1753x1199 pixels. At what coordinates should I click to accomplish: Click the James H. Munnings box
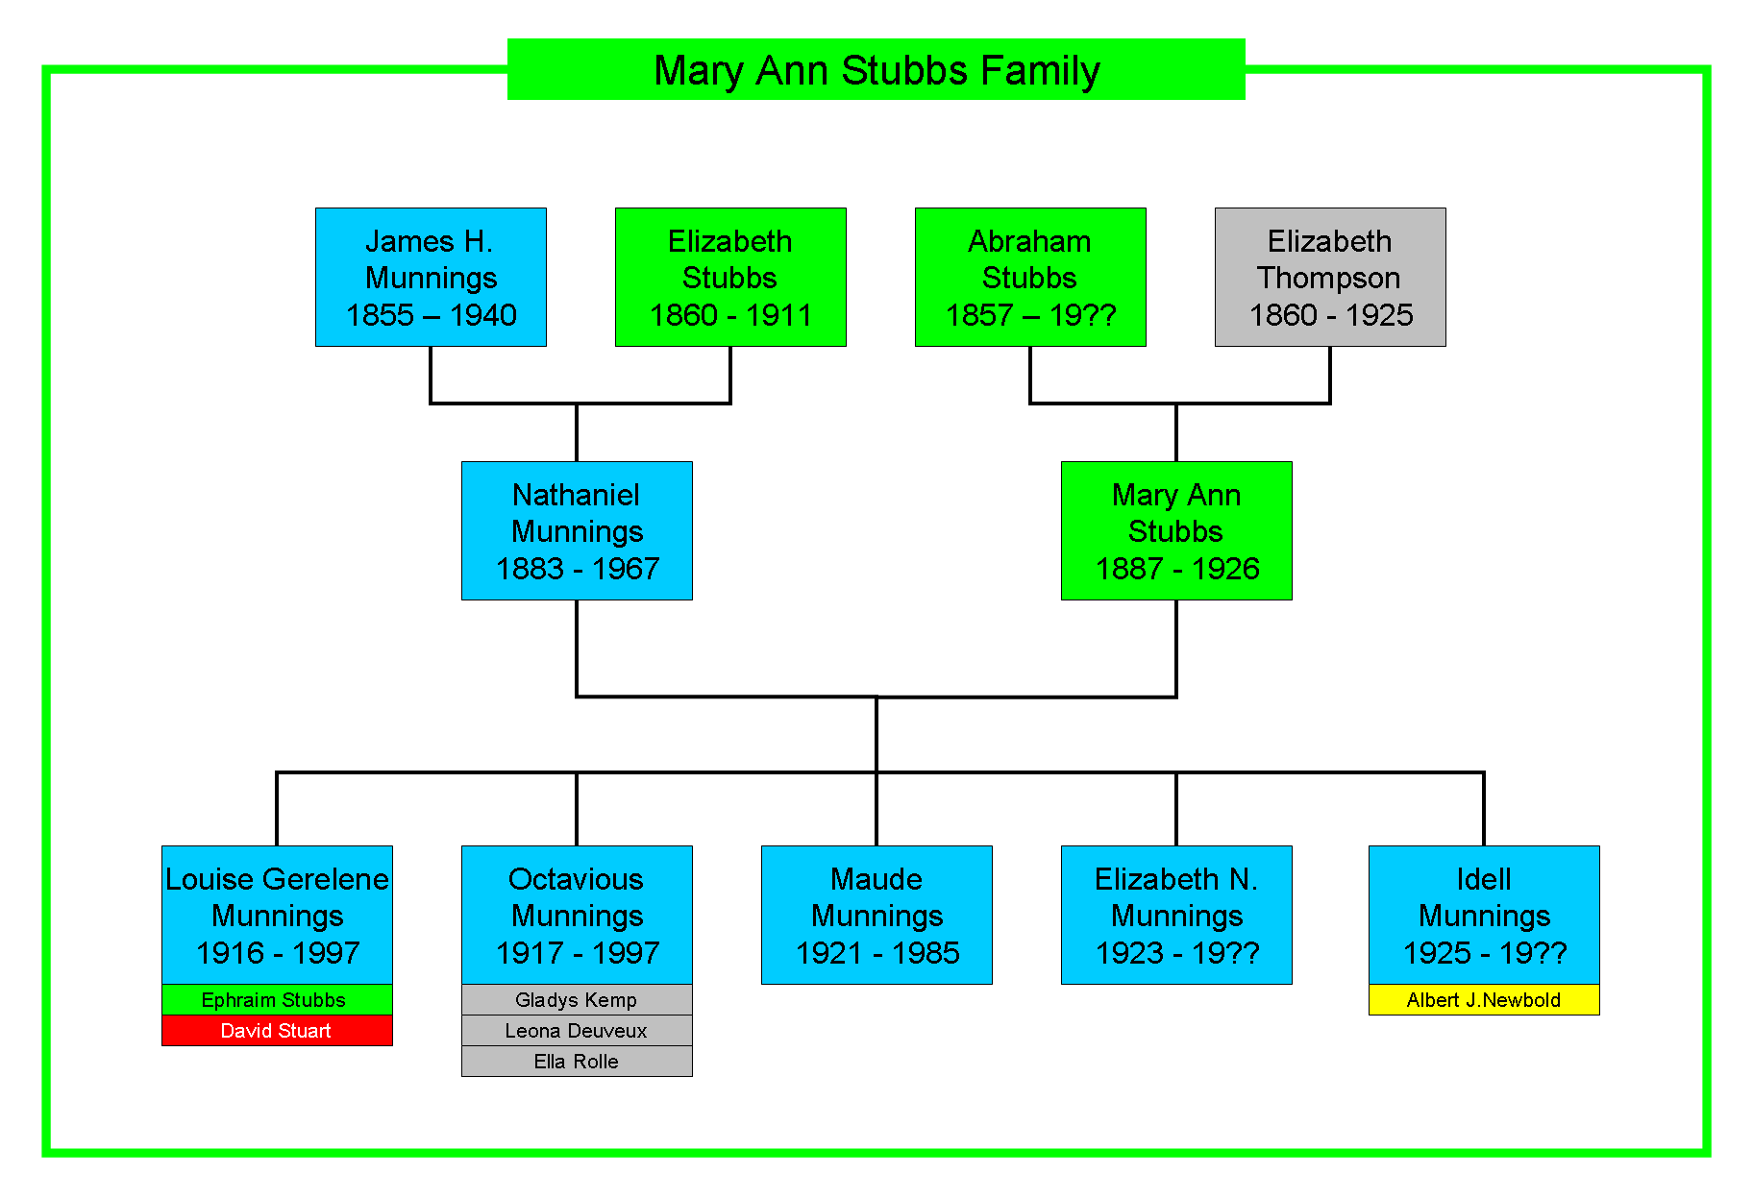tap(431, 277)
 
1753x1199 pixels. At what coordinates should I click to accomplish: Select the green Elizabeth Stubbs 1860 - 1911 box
tap(730, 277)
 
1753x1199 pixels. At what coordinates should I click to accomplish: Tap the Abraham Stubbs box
tap(1030, 277)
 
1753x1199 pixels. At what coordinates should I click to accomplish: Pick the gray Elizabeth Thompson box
tap(1330, 277)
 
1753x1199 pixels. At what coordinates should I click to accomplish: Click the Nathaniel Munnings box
tap(577, 530)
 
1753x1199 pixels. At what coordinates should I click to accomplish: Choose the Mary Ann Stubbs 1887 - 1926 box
tap(1176, 530)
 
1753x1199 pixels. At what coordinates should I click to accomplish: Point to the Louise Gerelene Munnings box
tap(277, 915)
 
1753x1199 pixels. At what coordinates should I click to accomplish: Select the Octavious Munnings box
tap(577, 915)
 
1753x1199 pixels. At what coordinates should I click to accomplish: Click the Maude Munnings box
tap(876, 915)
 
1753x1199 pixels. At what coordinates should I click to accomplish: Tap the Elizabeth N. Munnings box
tap(1176, 915)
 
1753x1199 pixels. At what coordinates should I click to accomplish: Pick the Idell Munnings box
tap(1484, 915)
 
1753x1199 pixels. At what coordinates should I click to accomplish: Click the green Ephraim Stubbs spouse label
tap(277, 1000)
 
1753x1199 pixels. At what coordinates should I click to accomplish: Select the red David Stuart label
tap(277, 1031)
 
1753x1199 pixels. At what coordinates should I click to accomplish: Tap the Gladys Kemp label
tap(577, 1000)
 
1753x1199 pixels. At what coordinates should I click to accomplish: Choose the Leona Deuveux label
tap(577, 1031)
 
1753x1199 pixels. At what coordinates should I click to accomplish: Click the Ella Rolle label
tap(577, 1062)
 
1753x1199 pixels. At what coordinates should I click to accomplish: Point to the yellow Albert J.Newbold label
tap(1484, 1000)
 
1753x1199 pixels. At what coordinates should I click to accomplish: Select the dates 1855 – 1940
tap(432, 315)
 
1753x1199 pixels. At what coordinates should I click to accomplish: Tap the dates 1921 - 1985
tap(877, 953)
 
